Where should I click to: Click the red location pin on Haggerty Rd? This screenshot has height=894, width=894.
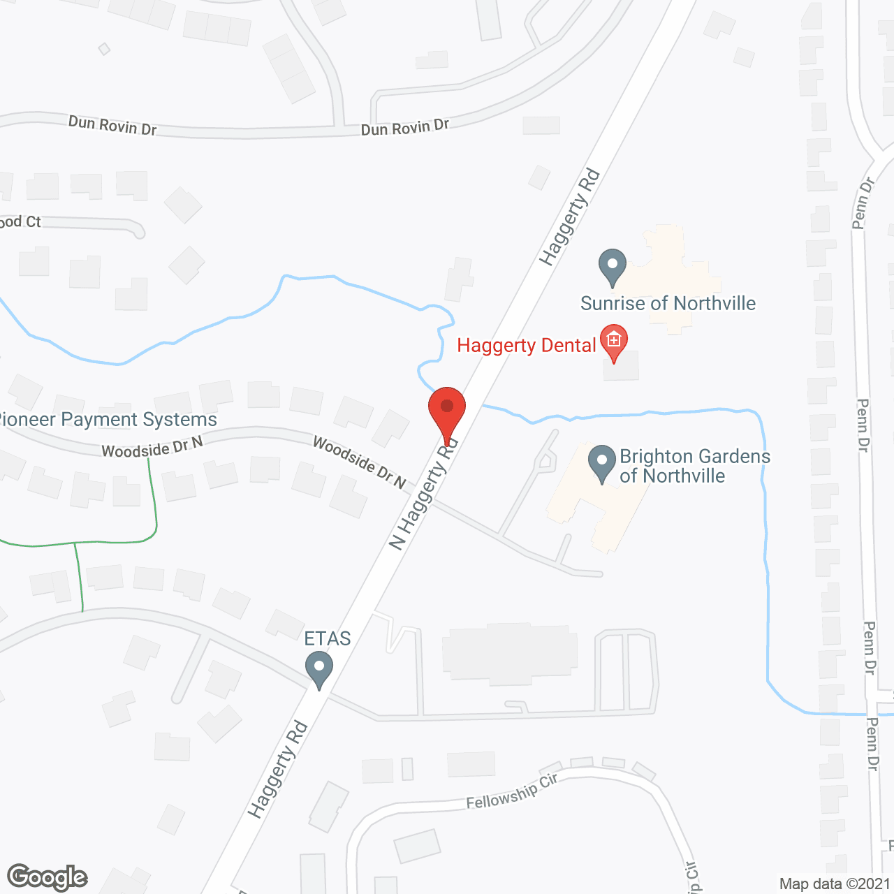point(447,412)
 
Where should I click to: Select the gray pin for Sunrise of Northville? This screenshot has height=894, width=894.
point(613,266)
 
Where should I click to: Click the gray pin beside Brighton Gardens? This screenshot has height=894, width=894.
point(601,463)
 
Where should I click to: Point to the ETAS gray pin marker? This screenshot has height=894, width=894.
point(319,668)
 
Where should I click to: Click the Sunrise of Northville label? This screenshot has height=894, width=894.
point(668,303)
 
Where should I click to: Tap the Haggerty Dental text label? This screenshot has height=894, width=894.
point(526,346)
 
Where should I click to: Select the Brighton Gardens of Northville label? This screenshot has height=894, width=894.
point(695,466)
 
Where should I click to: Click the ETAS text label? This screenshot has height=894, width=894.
point(328,638)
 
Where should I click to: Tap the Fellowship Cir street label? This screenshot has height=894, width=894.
point(512,791)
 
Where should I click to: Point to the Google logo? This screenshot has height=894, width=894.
point(47,877)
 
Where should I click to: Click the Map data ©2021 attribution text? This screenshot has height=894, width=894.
point(835,884)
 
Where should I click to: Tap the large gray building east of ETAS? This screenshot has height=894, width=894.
point(511,654)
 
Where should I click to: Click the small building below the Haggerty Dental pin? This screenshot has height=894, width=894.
point(621,367)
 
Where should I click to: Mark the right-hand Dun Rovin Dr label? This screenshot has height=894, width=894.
point(404,127)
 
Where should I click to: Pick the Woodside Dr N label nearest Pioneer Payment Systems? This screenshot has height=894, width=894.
point(152,448)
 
